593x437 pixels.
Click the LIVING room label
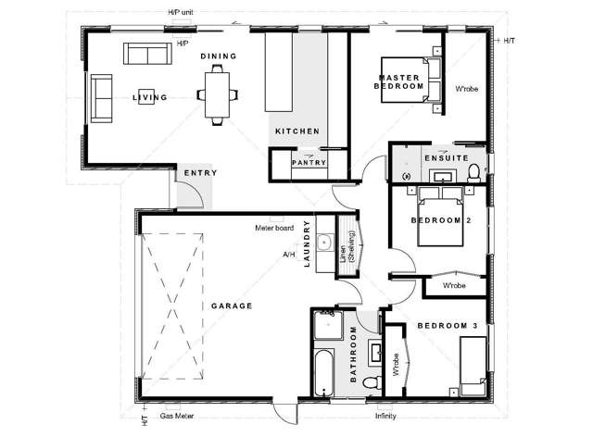click(149, 97)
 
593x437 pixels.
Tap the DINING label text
click(220, 56)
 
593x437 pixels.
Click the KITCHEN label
click(296, 131)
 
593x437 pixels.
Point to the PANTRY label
click(307, 162)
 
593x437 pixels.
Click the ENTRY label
click(200, 174)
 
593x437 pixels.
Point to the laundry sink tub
click(324, 243)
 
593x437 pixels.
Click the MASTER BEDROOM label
click(399, 81)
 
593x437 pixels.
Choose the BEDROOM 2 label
click(442, 220)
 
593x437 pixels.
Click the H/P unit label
click(182, 12)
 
